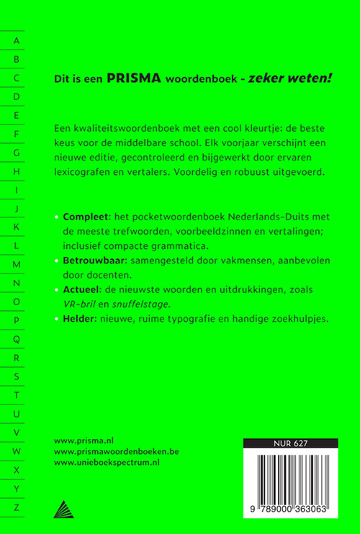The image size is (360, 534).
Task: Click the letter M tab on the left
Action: point(17,264)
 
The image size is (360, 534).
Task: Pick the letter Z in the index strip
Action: point(17,507)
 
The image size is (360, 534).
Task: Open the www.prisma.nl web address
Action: point(84,437)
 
